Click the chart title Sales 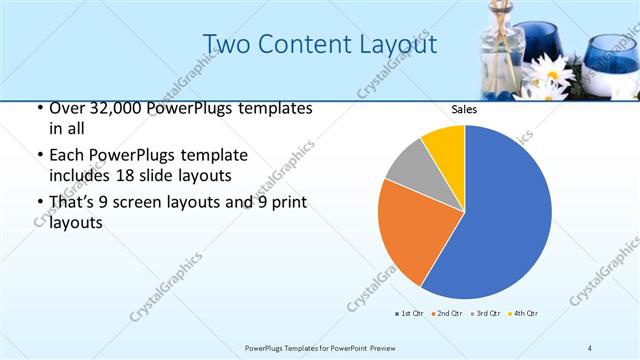(x=463, y=110)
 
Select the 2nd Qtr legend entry (x=446, y=313)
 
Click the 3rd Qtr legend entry (x=485, y=313)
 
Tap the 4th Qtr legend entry (x=524, y=313)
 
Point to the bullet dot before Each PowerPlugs (x=38, y=156)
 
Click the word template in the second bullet (x=211, y=155)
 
